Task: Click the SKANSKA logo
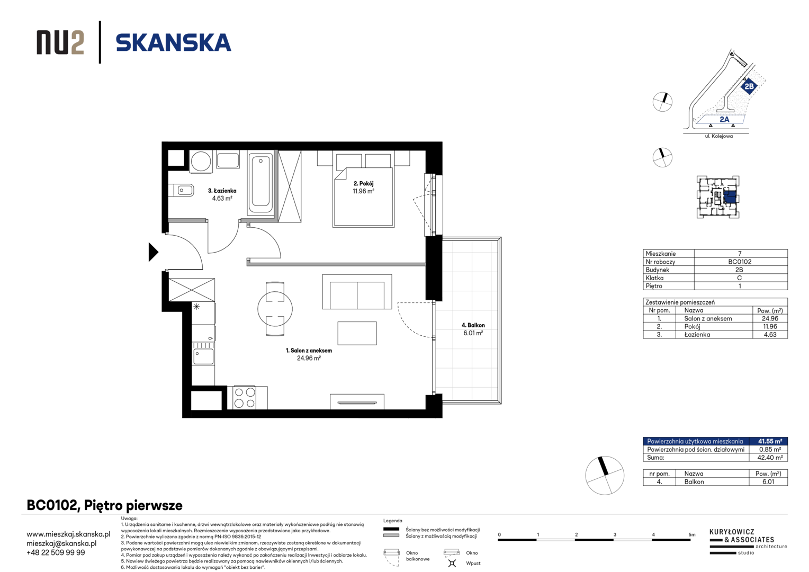[173, 43]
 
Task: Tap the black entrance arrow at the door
[153, 252]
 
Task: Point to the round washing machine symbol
[201, 161]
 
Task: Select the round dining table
[275, 309]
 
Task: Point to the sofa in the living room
[357, 291]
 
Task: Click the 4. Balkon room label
[473, 325]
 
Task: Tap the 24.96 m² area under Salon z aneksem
[309, 358]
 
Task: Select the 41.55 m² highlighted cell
[770, 441]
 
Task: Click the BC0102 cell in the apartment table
[740, 262]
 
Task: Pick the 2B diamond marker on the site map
[749, 86]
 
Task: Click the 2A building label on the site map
[724, 119]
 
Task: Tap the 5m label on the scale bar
[691, 534]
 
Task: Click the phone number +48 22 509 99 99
[56, 552]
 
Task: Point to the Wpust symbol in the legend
[452, 563]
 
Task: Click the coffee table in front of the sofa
[357, 333]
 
